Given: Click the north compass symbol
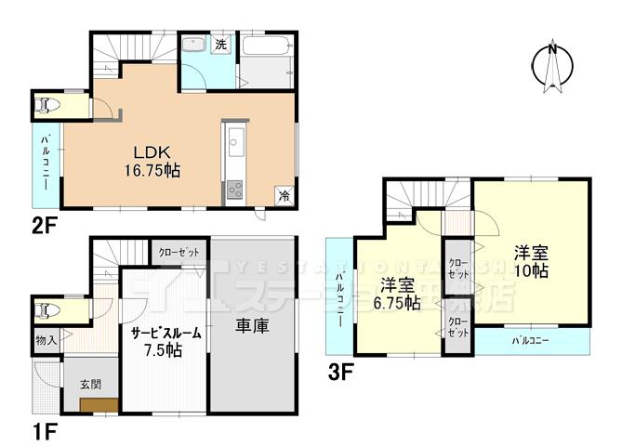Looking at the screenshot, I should tap(551, 65).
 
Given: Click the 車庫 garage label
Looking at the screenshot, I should tap(253, 328).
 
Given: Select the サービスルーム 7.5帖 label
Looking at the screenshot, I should tap(162, 341).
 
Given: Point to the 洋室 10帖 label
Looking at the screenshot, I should tap(531, 261).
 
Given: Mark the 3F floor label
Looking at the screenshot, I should tap(339, 373).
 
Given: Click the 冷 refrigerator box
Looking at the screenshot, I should tap(283, 195).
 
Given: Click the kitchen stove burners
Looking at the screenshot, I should tap(233, 190).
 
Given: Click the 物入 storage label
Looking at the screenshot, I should tap(46, 341).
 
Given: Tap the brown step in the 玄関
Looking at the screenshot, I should tap(99, 404).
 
